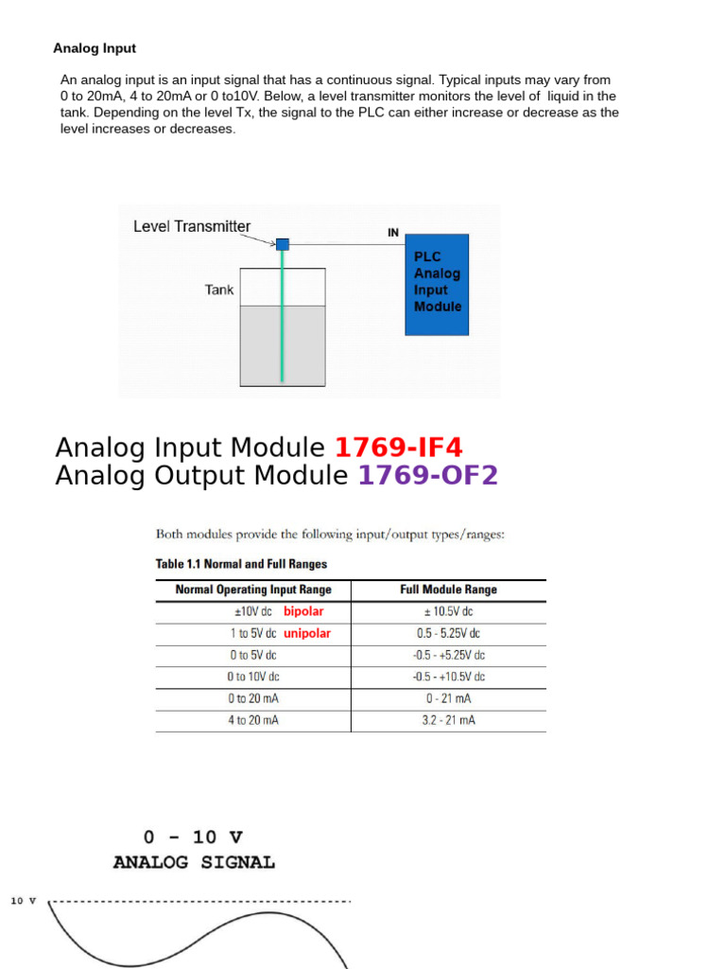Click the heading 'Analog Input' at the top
[95, 48]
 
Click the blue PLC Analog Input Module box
[436, 284]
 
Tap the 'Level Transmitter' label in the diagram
[192, 227]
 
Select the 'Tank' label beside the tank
[218, 290]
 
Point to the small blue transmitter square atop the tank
[282, 244]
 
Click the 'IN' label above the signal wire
[393, 231]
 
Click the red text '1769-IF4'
[399, 448]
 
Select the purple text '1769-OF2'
[427, 476]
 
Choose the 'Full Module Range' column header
[448, 590]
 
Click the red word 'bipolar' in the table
[303, 611]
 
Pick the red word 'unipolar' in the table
[307, 634]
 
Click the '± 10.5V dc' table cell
[448, 611]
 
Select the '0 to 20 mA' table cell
[252, 698]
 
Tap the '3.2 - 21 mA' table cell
[448, 721]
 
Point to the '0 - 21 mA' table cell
[448, 698]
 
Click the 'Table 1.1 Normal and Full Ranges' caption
[241, 564]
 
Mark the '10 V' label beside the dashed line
[23, 901]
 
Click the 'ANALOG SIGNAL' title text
[194, 862]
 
